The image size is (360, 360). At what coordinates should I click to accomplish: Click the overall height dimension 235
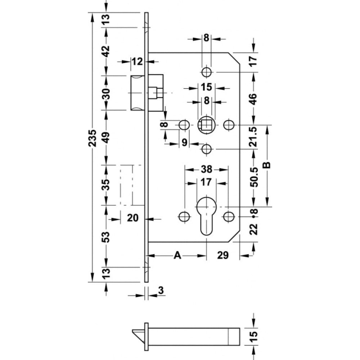click(x=93, y=138)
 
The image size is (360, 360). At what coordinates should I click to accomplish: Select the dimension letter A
click(x=177, y=255)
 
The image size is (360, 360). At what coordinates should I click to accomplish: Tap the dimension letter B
click(x=267, y=165)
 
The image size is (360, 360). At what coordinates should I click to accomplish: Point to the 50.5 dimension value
click(x=254, y=177)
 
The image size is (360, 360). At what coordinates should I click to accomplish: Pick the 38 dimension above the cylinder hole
click(x=206, y=169)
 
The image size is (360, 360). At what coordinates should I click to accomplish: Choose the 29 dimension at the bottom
click(x=223, y=255)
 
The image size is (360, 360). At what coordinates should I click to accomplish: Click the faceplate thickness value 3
click(x=161, y=290)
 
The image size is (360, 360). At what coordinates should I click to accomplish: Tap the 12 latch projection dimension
click(x=137, y=62)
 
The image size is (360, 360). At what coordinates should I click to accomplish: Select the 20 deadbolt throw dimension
click(x=133, y=218)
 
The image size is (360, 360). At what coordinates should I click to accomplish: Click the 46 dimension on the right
click(x=253, y=99)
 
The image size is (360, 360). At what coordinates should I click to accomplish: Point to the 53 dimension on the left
click(x=106, y=237)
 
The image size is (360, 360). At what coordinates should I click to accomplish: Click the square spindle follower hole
click(x=207, y=125)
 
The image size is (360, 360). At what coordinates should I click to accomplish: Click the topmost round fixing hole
click(x=206, y=72)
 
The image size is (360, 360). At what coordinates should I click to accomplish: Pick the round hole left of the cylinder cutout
click(x=184, y=216)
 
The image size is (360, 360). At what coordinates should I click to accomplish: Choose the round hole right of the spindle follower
click(x=229, y=125)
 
